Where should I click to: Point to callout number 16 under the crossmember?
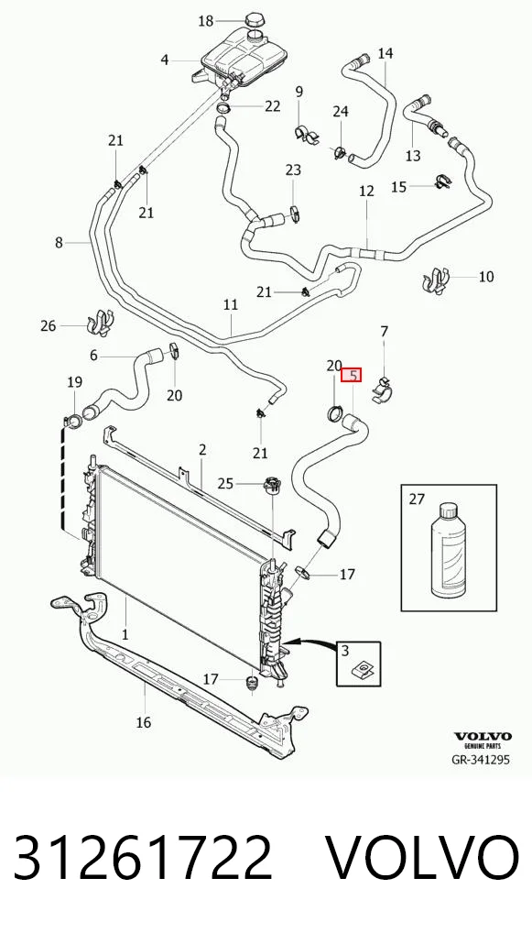(x=143, y=722)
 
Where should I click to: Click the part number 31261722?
(x=143, y=858)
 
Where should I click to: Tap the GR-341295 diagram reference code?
(x=481, y=759)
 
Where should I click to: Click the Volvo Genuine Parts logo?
(x=483, y=740)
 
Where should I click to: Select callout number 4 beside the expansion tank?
(x=165, y=60)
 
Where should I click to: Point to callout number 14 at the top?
(x=385, y=53)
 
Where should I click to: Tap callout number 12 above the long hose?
(x=367, y=191)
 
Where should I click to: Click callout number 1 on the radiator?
(x=125, y=635)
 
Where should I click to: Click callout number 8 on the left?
(x=59, y=242)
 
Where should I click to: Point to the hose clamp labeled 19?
(x=74, y=420)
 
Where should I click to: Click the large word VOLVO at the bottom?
(x=422, y=858)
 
